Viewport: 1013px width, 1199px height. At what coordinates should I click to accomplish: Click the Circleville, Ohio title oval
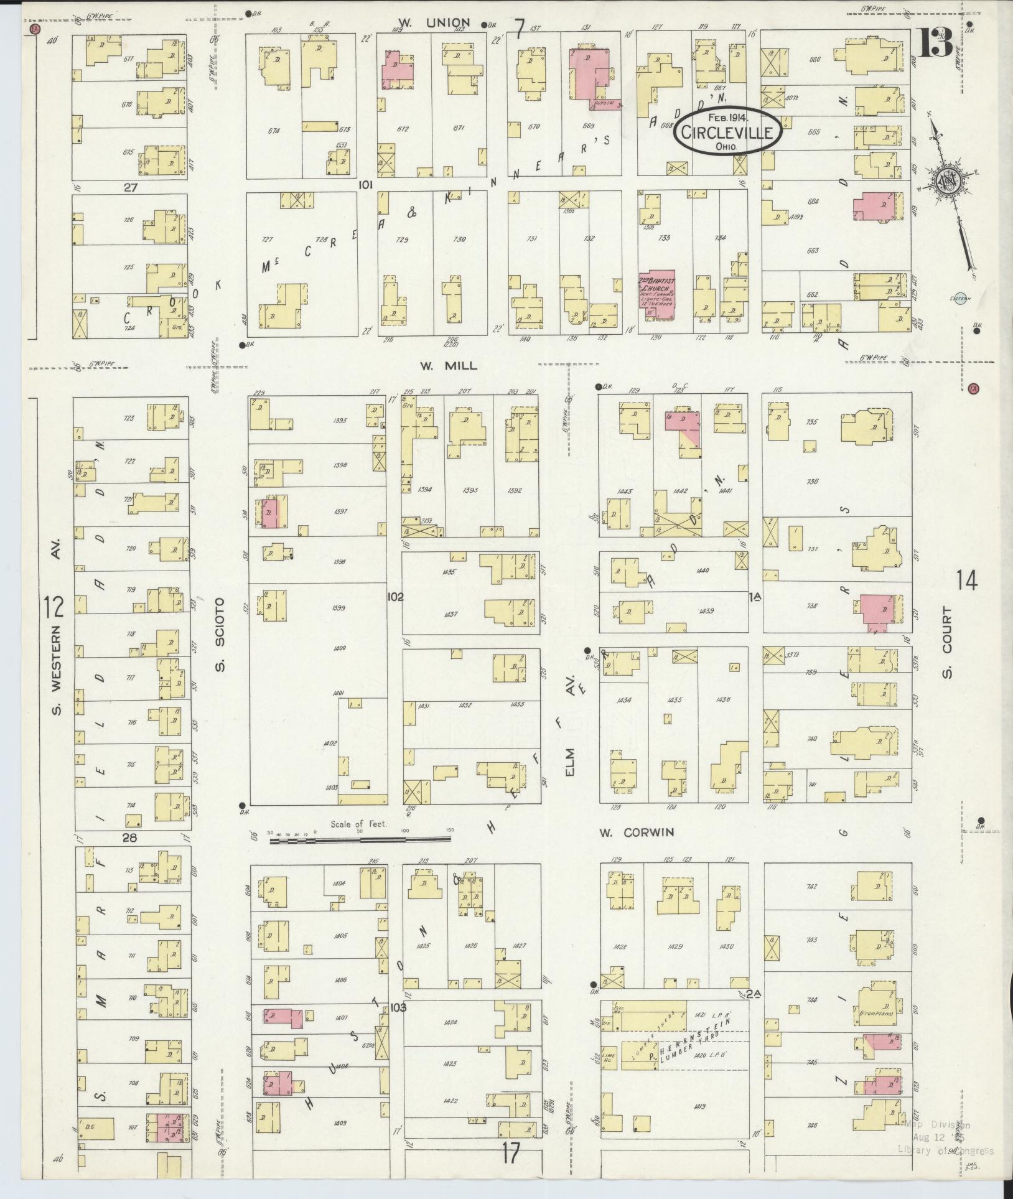pyautogui.click(x=726, y=131)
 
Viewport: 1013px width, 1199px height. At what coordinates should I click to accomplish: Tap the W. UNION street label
pyautogui.click(x=434, y=24)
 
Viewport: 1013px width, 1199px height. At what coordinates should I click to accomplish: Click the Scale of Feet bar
pyautogui.click(x=363, y=841)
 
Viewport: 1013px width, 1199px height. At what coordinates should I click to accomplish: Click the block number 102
pyautogui.click(x=394, y=597)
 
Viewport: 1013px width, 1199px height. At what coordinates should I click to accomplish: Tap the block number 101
pyautogui.click(x=365, y=184)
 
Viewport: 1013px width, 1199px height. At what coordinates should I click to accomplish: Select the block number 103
pyautogui.click(x=398, y=1007)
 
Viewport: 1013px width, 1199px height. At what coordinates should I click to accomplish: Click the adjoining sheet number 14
pyautogui.click(x=966, y=581)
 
